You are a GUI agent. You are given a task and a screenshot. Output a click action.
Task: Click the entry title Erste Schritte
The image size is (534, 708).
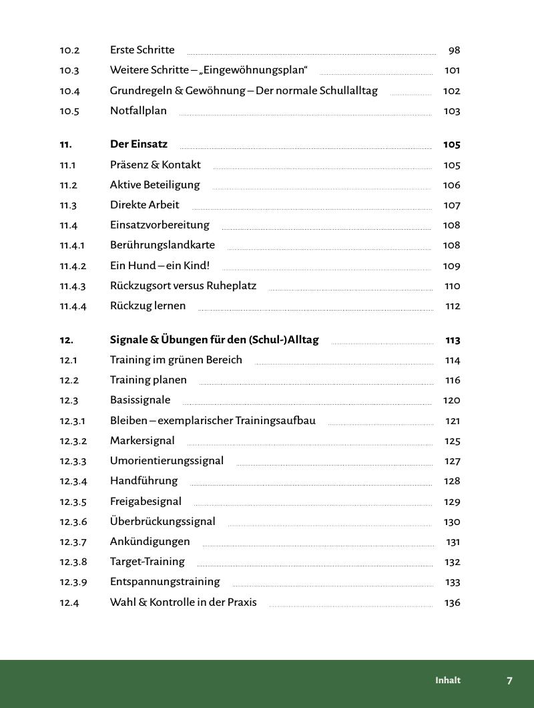point(142,50)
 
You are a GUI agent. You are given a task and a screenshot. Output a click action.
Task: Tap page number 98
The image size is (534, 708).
point(455,50)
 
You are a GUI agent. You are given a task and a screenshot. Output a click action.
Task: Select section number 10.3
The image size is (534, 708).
point(69,70)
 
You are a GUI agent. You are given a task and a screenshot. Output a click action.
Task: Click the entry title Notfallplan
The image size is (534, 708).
point(138,111)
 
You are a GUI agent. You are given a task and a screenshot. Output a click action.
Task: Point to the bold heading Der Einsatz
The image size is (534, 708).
point(139,144)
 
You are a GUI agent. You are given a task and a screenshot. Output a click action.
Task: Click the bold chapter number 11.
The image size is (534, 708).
point(65,144)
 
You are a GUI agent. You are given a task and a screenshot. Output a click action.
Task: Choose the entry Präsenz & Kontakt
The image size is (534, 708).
point(155,165)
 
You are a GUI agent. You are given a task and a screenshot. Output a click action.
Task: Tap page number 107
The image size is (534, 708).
point(452,205)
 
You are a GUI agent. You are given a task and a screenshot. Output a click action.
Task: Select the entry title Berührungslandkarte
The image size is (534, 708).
point(162,245)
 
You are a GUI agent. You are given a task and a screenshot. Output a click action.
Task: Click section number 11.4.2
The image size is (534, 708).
point(73,266)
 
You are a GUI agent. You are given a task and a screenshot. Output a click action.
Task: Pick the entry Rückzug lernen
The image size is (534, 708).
point(148,306)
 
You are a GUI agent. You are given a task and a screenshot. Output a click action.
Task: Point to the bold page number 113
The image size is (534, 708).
point(453,340)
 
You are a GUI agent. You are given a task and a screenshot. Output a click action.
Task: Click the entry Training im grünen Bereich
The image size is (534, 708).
point(176,360)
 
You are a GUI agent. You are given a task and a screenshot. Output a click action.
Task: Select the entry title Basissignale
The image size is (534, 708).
point(140,400)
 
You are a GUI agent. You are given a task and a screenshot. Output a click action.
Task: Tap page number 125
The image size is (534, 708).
point(452,441)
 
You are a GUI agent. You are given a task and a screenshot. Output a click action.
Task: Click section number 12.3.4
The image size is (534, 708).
point(73,481)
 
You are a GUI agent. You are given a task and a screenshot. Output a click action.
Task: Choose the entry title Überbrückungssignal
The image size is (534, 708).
point(162,522)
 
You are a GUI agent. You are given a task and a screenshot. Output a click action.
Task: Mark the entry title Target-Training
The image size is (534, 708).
point(147,562)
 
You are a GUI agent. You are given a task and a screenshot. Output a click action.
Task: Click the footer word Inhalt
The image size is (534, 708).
point(448,681)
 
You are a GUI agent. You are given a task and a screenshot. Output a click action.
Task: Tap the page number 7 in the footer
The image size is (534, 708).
point(509,681)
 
